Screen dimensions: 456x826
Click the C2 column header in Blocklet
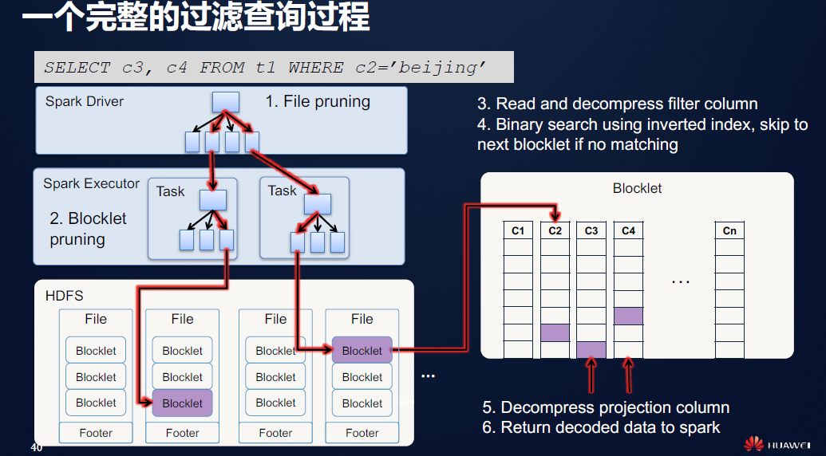click(555, 230)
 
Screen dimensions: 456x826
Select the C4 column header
click(628, 230)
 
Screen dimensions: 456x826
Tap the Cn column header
click(729, 230)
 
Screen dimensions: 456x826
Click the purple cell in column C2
click(555, 332)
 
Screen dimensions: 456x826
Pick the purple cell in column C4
click(628, 316)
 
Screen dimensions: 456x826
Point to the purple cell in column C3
click(591, 349)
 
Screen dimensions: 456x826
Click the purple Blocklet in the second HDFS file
click(182, 403)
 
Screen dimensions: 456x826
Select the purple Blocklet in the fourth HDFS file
click(362, 351)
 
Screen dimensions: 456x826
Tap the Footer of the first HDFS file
click(96, 433)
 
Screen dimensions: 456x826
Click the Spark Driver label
click(85, 101)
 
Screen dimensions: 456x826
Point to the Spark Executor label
click(91, 183)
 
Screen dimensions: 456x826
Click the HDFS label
click(64, 297)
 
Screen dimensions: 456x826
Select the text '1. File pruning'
click(318, 101)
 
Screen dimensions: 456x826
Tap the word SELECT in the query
click(77, 68)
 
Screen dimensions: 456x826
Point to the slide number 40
click(36, 447)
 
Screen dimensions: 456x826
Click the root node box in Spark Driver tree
click(226, 102)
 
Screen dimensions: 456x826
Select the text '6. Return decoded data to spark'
click(601, 427)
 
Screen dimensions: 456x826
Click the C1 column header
click(518, 230)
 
